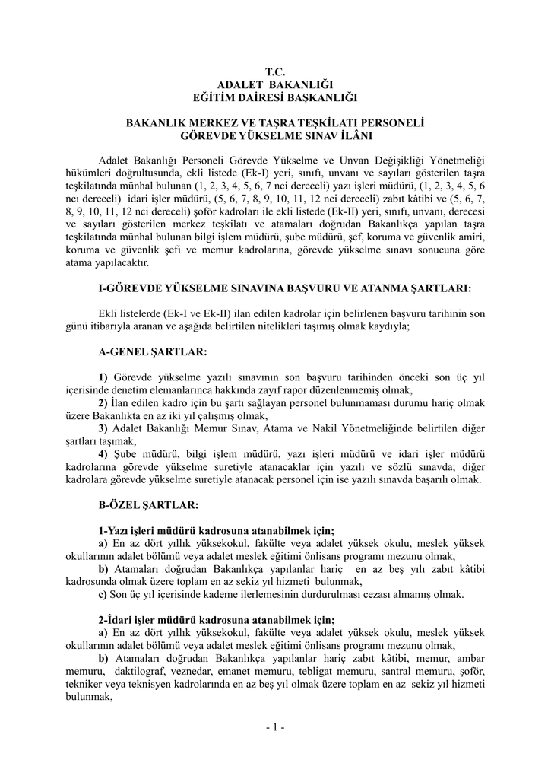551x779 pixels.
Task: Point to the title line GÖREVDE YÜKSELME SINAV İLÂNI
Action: tap(275, 135)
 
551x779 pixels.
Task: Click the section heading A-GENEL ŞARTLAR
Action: tap(153, 352)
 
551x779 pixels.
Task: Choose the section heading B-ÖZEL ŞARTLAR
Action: tap(149, 504)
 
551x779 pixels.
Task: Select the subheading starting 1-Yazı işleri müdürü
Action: tap(217, 530)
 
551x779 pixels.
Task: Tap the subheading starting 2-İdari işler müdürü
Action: tap(217, 619)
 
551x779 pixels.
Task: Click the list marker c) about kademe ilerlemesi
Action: tap(103, 593)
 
